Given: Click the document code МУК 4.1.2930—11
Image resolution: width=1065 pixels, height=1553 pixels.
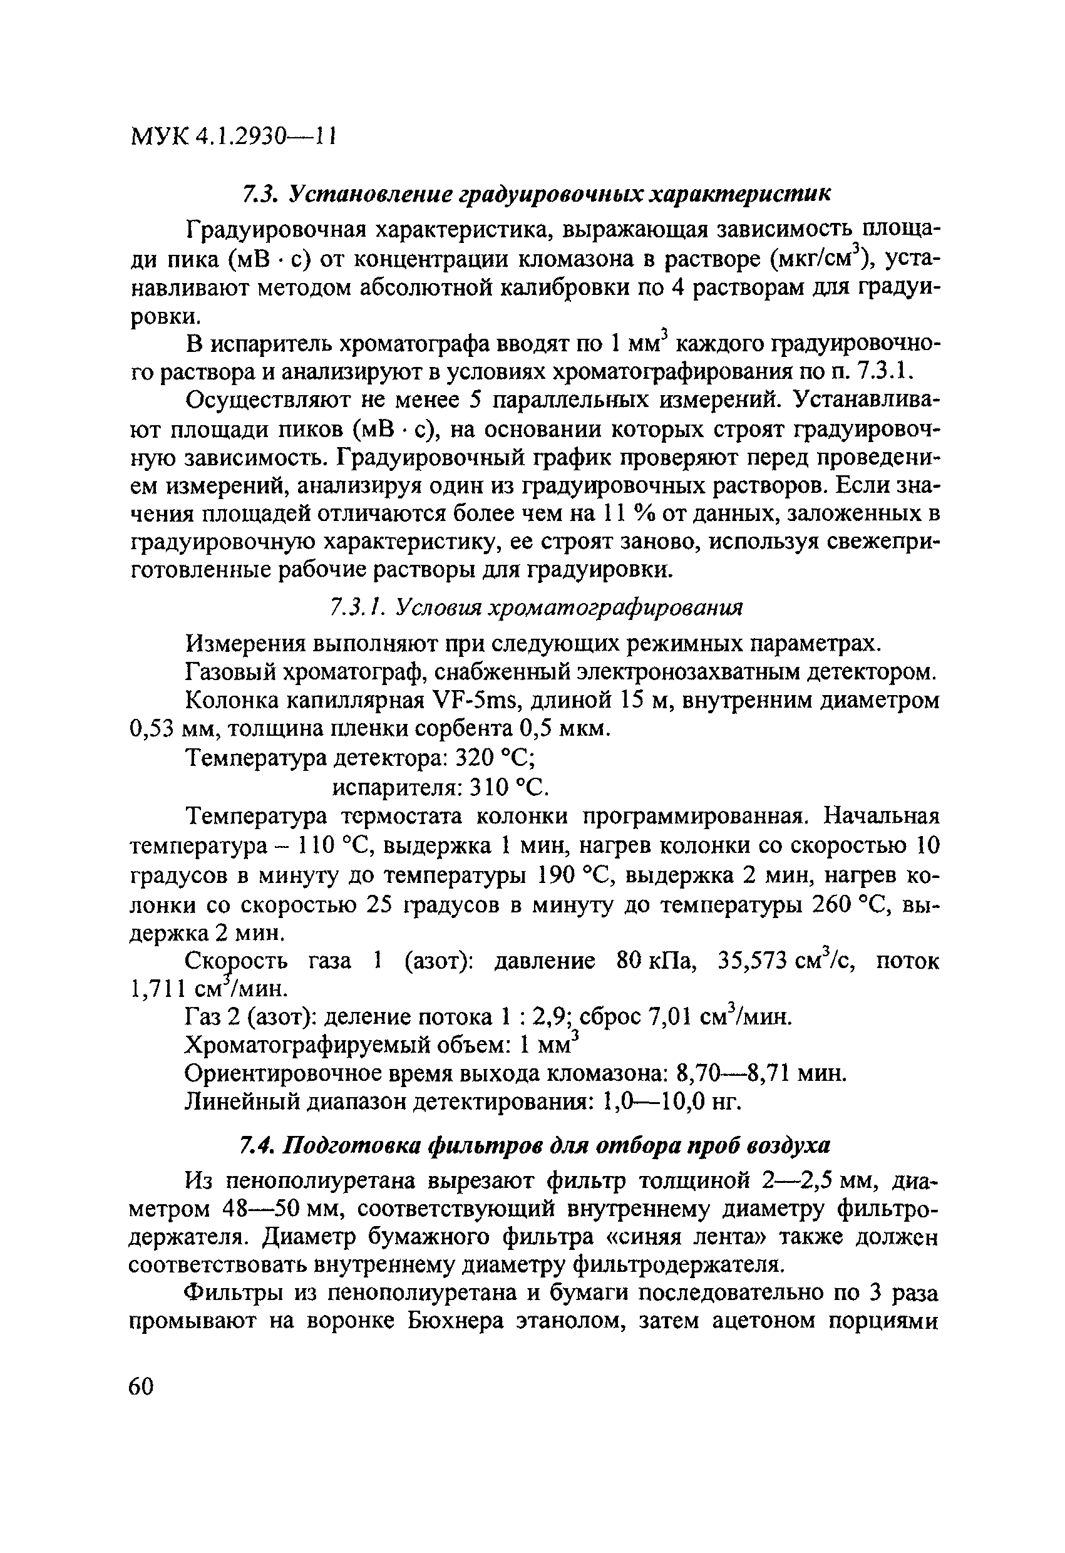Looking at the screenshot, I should [232, 137].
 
